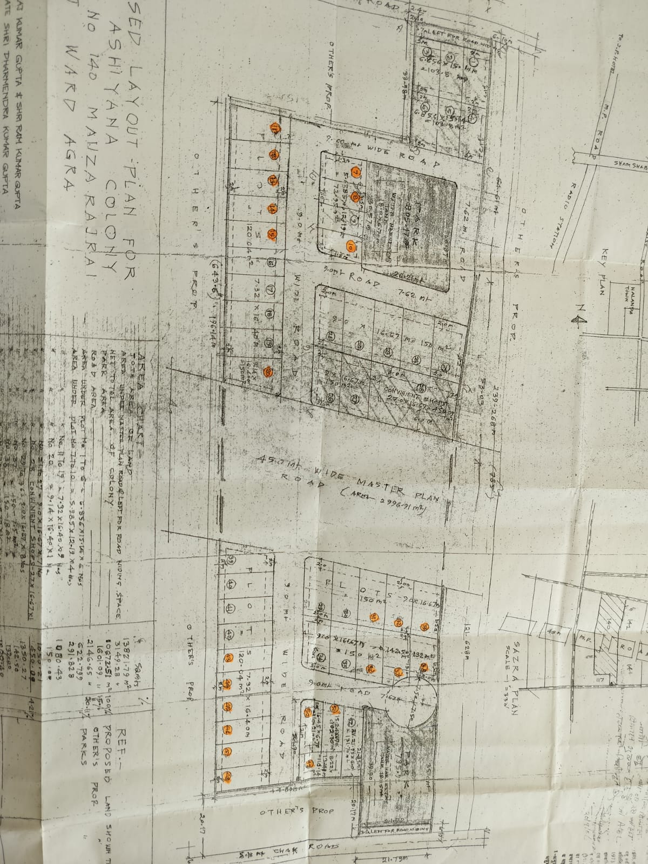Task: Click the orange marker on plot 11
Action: (x=275, y=128)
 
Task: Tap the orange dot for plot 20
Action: (x=268, y=373)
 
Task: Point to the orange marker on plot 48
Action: (x=228, y=777)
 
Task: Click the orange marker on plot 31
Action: (x=372, y=617)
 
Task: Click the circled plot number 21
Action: (x=330, y=335)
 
